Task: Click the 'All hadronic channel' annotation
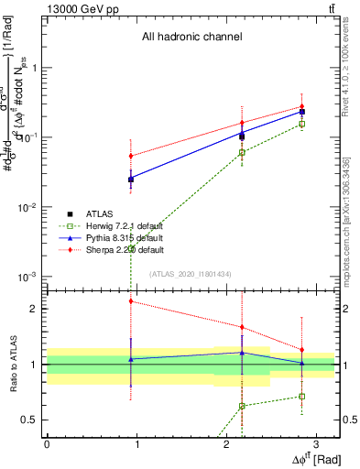191,38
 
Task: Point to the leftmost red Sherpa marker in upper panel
131,156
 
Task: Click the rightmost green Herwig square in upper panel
302,124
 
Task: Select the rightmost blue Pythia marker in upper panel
302,111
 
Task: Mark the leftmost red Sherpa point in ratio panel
131,300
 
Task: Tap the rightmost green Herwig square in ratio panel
302,396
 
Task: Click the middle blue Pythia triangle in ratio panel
242,353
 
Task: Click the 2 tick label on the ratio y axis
36,309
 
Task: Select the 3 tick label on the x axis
315,442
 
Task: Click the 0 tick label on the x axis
47,442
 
